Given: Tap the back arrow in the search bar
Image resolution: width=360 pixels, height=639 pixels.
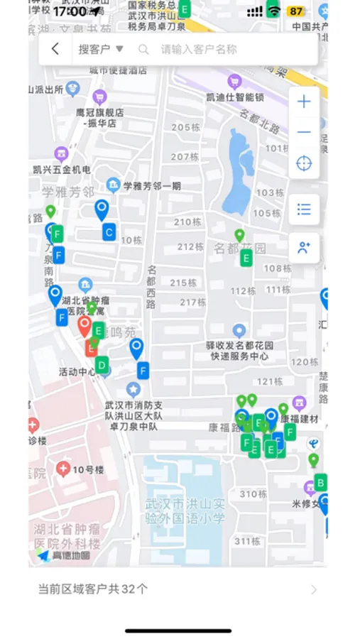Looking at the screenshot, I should pos(55,49).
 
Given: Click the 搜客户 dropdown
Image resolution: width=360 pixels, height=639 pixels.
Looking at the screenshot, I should pos(101,49).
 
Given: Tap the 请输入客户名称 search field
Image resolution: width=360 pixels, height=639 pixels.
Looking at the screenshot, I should pos(199,50).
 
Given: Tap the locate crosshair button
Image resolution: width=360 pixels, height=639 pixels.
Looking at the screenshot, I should pos(304,163).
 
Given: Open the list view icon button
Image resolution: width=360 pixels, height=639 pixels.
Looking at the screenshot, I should pos(304,209).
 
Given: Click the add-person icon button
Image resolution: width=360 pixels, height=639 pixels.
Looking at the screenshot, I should pos(304,248).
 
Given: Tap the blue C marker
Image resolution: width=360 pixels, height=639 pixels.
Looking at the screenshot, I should pos(109,231).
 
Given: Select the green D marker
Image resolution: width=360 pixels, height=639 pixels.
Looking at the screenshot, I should pos(102,366).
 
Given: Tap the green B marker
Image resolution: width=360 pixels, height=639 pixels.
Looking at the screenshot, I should pos(320,483).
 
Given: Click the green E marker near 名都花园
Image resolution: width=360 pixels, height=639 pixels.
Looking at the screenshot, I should pos(246,258).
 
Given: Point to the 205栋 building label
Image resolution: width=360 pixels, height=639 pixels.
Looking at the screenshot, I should pos(185,127).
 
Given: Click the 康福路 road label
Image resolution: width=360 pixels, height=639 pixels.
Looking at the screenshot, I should pos(224,427).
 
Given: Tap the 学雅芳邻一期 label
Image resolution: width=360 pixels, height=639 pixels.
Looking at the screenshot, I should pos(152,186).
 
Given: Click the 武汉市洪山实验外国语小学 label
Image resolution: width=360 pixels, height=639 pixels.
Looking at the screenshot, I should pos(185,511).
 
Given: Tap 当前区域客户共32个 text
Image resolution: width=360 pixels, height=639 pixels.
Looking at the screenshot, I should pos(93,589).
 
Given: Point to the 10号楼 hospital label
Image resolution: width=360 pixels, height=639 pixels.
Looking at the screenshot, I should pos(89,469).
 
